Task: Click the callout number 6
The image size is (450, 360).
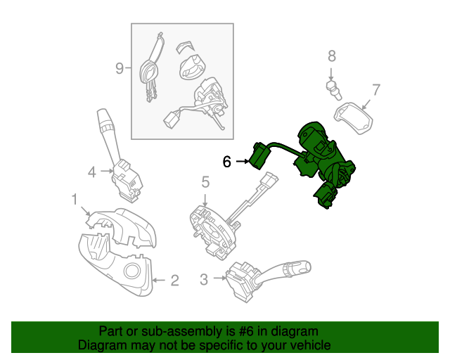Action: pos(226,162)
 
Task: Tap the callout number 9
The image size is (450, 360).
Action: pos(120,68)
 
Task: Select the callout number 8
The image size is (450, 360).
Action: pos(332,57)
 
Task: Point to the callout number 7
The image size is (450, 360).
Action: pos(375,90)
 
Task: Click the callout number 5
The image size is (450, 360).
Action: pos(205,183)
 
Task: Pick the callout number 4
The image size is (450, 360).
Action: pos(92,171)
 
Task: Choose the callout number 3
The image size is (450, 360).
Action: pos(204,280)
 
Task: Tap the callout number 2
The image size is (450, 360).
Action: pos(174,281)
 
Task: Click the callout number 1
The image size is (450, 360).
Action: pos(75,201)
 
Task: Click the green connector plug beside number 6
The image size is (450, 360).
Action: pos(259,156)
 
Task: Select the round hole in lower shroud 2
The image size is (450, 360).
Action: pos(131,272)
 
